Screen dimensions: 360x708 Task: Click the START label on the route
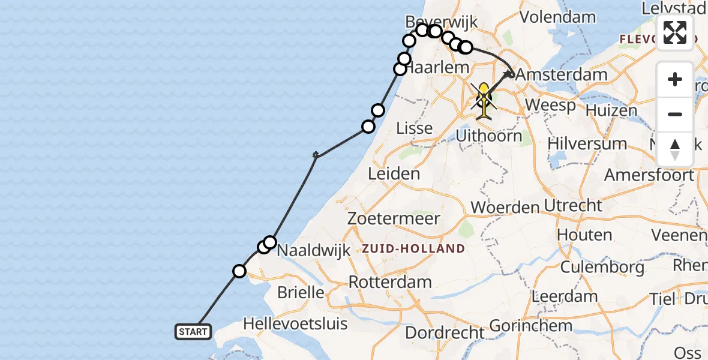pyautogui.click(x=193, y=331)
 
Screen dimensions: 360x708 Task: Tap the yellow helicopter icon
pyautogui.click(x=484, y=98)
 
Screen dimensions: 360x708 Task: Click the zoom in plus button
pyautogui.click(x=675, y=79)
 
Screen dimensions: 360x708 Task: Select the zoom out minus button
pyautogui.click(x=675, y=114)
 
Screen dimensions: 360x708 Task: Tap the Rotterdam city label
pyautogui.click(x=390, y=282)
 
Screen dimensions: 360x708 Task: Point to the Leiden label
pyautogui.click(x=394, y=174)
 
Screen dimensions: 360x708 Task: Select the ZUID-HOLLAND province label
pyautogui.click(x=413, y=248)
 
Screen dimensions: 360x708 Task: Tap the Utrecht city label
pyautogui.click(x=573, y=205)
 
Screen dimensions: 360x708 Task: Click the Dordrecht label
pyautogui.click(x=445, y=332)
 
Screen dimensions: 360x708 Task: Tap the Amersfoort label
pyautogui.click(x=649, y=175)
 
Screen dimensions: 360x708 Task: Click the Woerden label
pyautogui.click(x=505, y=208)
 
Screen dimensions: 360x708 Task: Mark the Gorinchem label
pyautogui.click(x=530, y=326)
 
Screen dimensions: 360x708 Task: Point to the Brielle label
pyautogui.click(x=301, y=293)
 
